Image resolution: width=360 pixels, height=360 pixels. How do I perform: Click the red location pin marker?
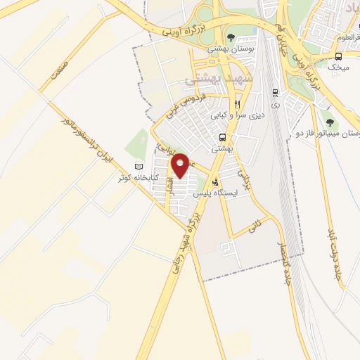[181, 165]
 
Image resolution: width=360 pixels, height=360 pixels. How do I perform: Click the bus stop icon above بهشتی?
[222, 138]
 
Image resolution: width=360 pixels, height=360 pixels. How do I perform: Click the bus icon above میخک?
[339, 56]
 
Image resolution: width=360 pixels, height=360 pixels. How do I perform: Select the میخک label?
[341, 68]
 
